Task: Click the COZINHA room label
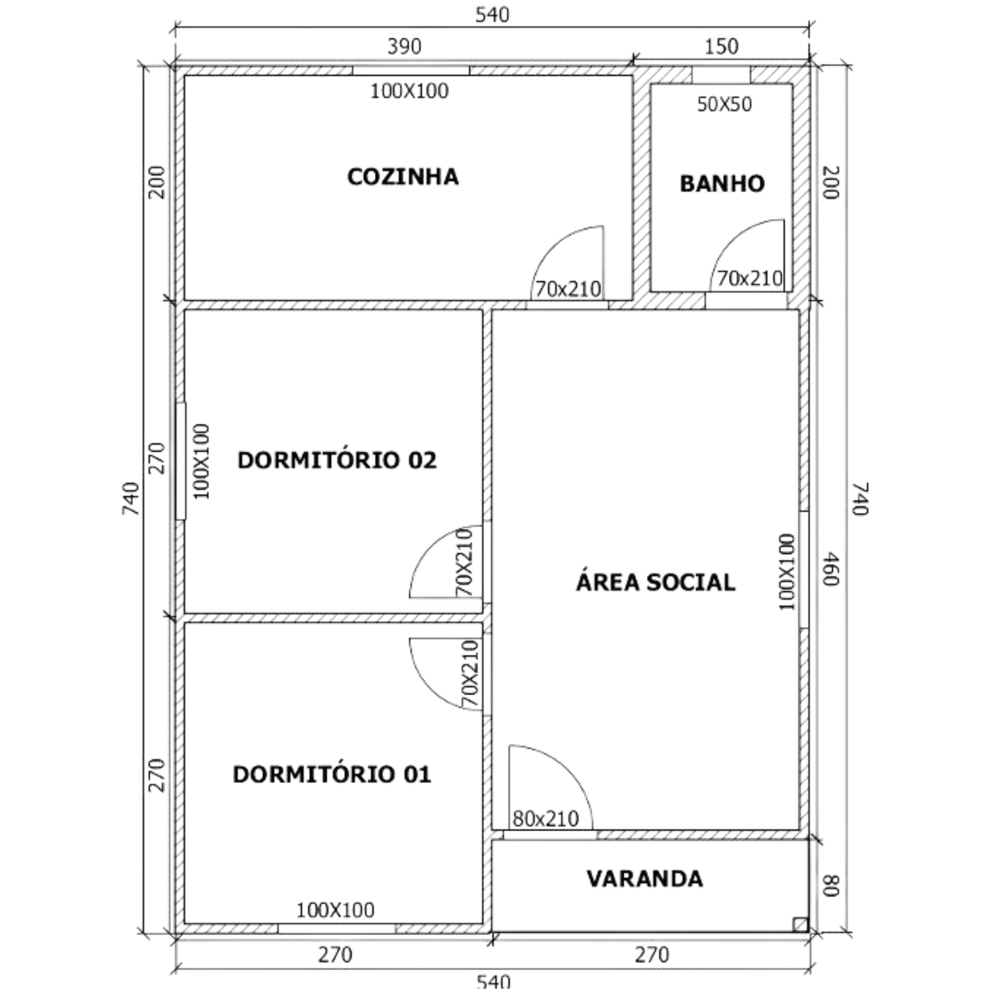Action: [403, 177]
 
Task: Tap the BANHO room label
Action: [722, 184]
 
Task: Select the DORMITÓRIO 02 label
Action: [337, 460]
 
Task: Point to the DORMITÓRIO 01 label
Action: [332, 774]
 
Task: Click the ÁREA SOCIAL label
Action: [656, 582]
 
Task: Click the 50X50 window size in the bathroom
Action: [724, 104]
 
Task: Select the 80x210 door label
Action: [546, 819]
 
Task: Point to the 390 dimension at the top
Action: [405, 46]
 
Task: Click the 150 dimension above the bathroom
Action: [722, 46]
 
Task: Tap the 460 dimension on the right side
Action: [830, 569]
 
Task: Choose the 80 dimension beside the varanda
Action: [830, 886]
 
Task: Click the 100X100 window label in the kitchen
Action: [409, 91]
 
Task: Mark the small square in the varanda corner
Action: [801, 925]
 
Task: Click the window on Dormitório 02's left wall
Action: [180, 461]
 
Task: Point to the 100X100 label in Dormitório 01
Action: [335, 910]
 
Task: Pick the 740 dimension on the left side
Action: [131, 498]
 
